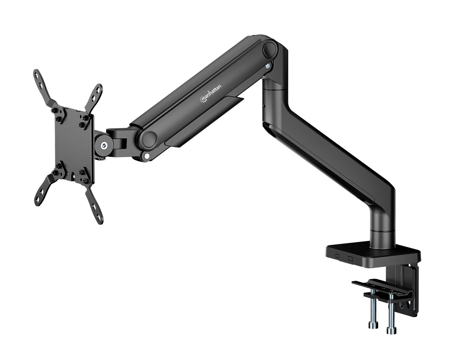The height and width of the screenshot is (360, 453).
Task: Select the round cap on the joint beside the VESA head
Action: [x=148, y=139]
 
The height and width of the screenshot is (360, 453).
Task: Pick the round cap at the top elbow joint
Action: [x=269, y=49]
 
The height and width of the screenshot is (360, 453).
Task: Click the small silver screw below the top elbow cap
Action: [x=268, y=66]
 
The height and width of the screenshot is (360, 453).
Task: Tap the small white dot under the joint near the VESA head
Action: [x=147, y=156]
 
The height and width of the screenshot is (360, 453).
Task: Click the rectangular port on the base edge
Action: [x=350, y=258]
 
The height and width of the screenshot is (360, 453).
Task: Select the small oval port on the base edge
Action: [x=337, y=256]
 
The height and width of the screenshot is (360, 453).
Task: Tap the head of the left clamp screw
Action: [x=373, y=325]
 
